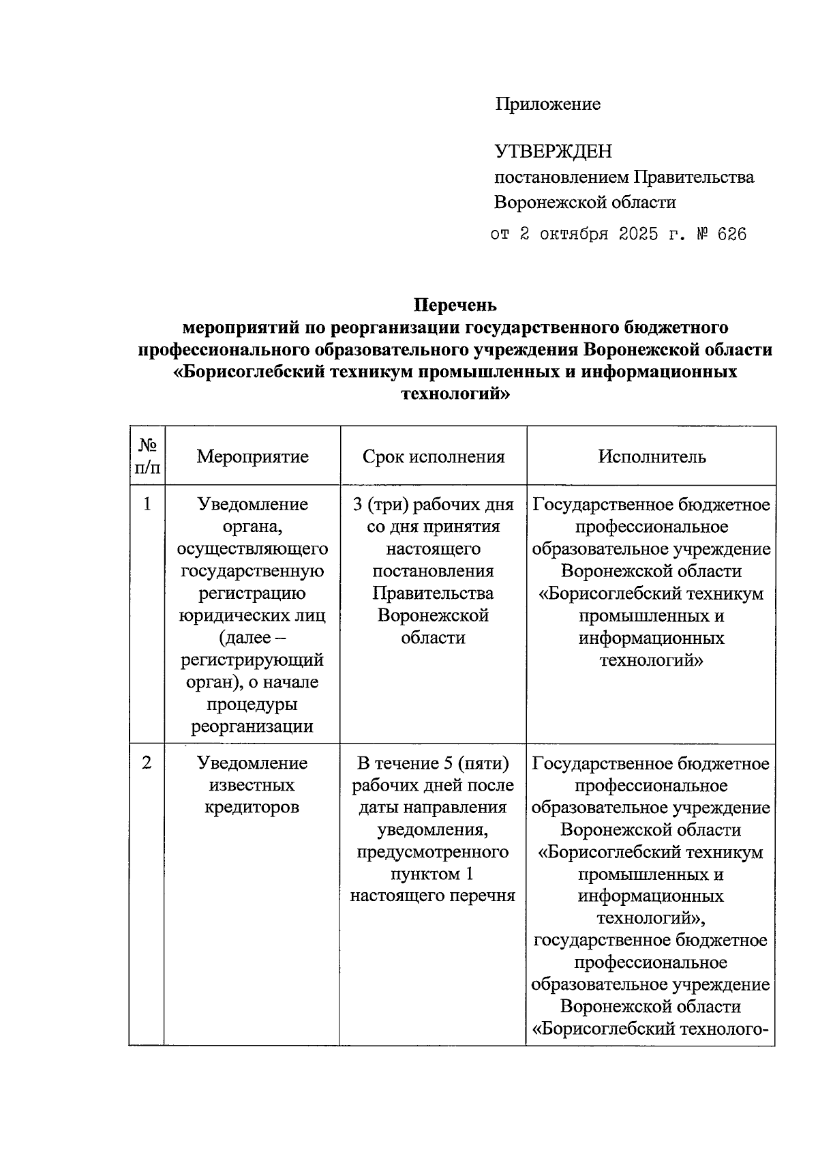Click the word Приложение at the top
pyautogui.click(x=547, y=104)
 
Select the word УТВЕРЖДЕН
pyautogui.click(x=553, y=151)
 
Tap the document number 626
pyautogui.click(x=732, y=235)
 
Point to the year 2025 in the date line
pyautogui.click(x=639, y=235)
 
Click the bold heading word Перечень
pyautogui.click(x=455, y=305)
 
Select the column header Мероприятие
pyautogui.click(x=252, y=456)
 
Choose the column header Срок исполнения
pyautogui.click(x=434, y=456)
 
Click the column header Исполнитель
pyautogui.click(x=652, y=456)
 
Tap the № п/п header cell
pyautogui.click(x=147, y=456)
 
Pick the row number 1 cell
pyautogui.click(x=147, y=504)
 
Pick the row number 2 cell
pyautogui.click(x=147, y=763)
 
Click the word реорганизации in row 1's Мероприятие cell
pyautogui.click(x=252, y=726)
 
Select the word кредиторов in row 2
pyautogui.click(x=252, y=808)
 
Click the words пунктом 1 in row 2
pyautogui.click(x=432, y=874)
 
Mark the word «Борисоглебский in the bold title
pyautogui.click(x=248, y=372)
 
